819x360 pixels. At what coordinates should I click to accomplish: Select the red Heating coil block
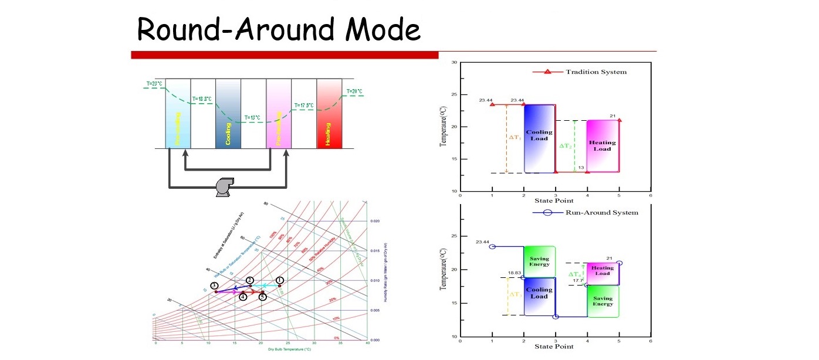pyautogui.click(x=329, y=114)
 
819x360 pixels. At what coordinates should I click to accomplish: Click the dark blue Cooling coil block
pyautogui.click(x=228, y=114)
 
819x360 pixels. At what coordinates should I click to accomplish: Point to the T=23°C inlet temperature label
pyautogui.click(x=154, y=84)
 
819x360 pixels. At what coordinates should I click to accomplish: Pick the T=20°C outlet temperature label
pyautogui.click(x=354, y=91)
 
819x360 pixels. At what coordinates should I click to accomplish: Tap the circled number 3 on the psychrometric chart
pyautogui.click(x=215, y=286)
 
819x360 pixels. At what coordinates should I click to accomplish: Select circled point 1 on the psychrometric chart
pyautogui.click(x=280, y=281)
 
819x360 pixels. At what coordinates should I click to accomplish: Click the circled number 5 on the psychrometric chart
pyautogui.click(x=263, y=297)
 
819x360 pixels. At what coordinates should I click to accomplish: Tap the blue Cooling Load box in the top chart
pyautogui.click(x=539, y=138)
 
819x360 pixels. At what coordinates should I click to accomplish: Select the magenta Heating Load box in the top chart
pyautogui.click(x=603, y=146)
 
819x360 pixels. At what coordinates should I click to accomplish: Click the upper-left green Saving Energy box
pyautogui.click(x=539, y=261)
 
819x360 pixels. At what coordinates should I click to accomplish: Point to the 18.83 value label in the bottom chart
pyautogui.click(x=515, y=273)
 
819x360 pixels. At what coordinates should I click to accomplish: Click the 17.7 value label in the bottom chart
pyautogui.click(x=578, y=281)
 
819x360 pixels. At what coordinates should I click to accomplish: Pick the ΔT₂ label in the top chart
pyautogui.click(x=565, y=146)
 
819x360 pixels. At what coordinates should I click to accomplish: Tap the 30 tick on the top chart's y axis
pyautogui.click(x=454, y=62)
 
